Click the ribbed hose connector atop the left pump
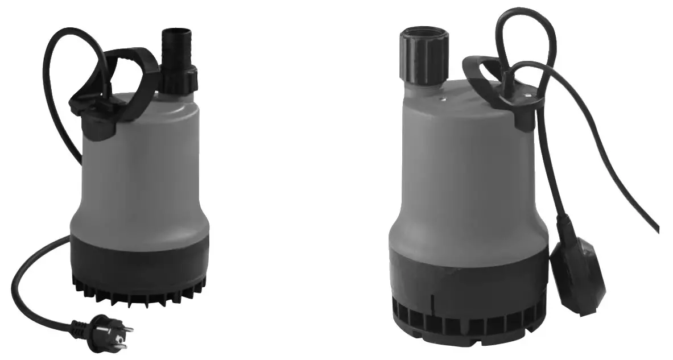[x=178, y=48]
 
